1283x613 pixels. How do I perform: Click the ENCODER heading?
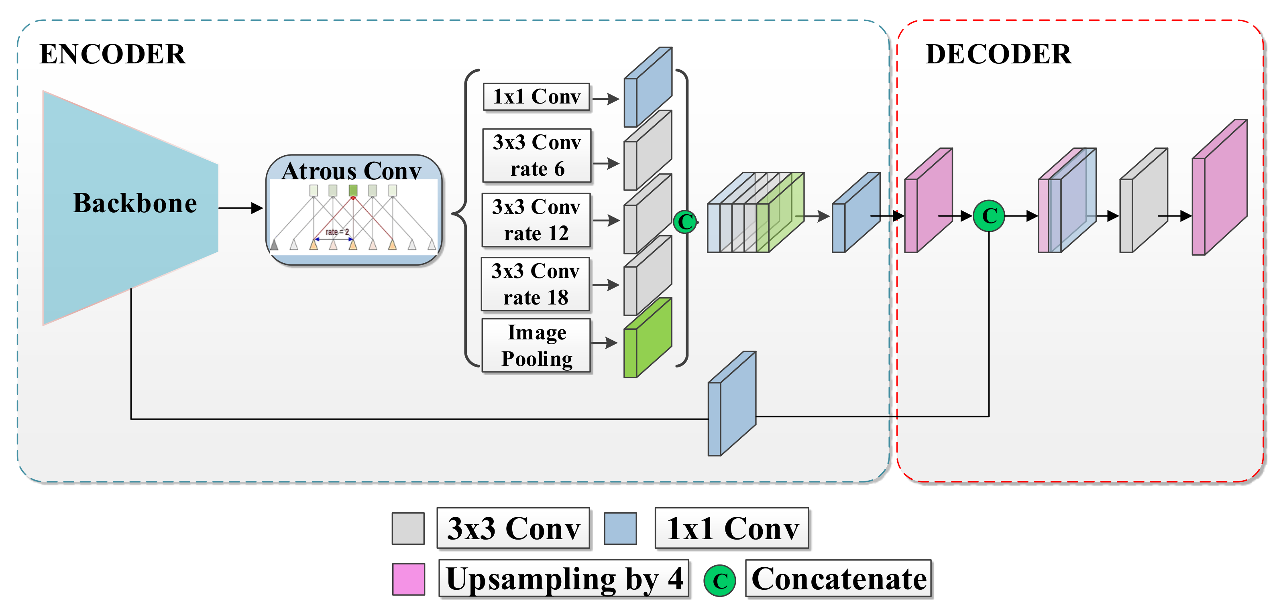click(112, 54)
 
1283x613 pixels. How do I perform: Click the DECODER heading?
click(998, 54)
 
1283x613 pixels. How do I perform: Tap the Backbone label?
click(134, 203)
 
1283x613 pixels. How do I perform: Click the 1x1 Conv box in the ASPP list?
click(536, 97)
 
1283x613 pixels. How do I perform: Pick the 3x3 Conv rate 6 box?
click(536, 156)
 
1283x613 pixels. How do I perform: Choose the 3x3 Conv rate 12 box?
click(536, 220)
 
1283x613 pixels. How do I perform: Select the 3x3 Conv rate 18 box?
click(536, 284)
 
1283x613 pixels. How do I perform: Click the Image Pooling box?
click(536, 345)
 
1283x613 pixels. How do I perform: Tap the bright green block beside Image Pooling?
click(648, 338)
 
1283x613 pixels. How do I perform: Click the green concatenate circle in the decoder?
click(989, 216)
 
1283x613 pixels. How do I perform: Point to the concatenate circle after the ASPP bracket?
click(685, 221)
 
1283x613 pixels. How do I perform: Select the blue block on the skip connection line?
click(732, 404)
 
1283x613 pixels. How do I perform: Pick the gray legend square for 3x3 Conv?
click(408, 528)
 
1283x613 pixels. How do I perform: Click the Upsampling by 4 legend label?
click(564, 578)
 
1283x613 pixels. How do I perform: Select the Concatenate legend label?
click(838, 578)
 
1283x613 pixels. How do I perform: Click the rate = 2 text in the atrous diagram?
click(337, 232)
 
